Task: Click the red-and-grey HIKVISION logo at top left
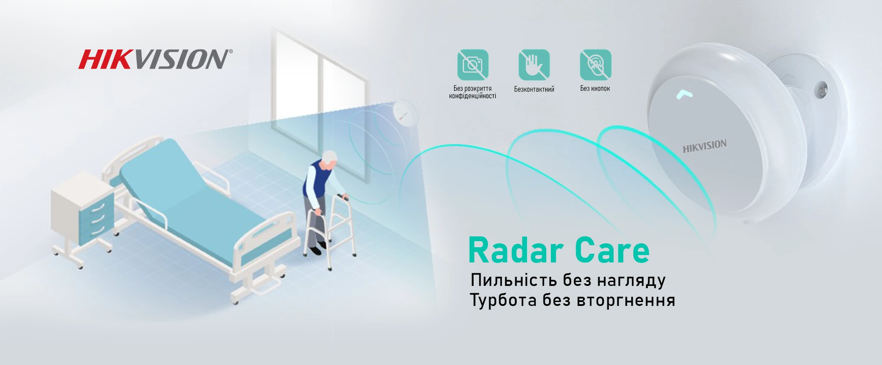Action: pyautogui.click(x=155, y=59)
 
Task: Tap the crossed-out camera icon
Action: pyautogui.click(x=473, y=65)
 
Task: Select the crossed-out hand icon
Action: pyautogui.click(x=534, y=65)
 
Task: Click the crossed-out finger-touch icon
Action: pyautogui.click(x=595, y=65)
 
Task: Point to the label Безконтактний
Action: pyautogui.click(x=534, y=89)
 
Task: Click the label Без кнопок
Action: pyautogui.click(x=595, y=89)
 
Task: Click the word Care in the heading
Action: pyautogui.click(x=612, y=251)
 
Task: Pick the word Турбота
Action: pyautogui.click(x=503, y=300)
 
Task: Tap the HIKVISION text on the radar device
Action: pyautogui.click(x=704, y=146)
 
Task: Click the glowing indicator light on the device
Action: pyautogui.click(x=684, y=94)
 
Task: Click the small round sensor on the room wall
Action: pyautogui.click(x=404, y=113)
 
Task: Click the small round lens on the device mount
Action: pyautogui.click(x=820, y=90)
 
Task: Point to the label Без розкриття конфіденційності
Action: pyautogui.click(x=473, y=92)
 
